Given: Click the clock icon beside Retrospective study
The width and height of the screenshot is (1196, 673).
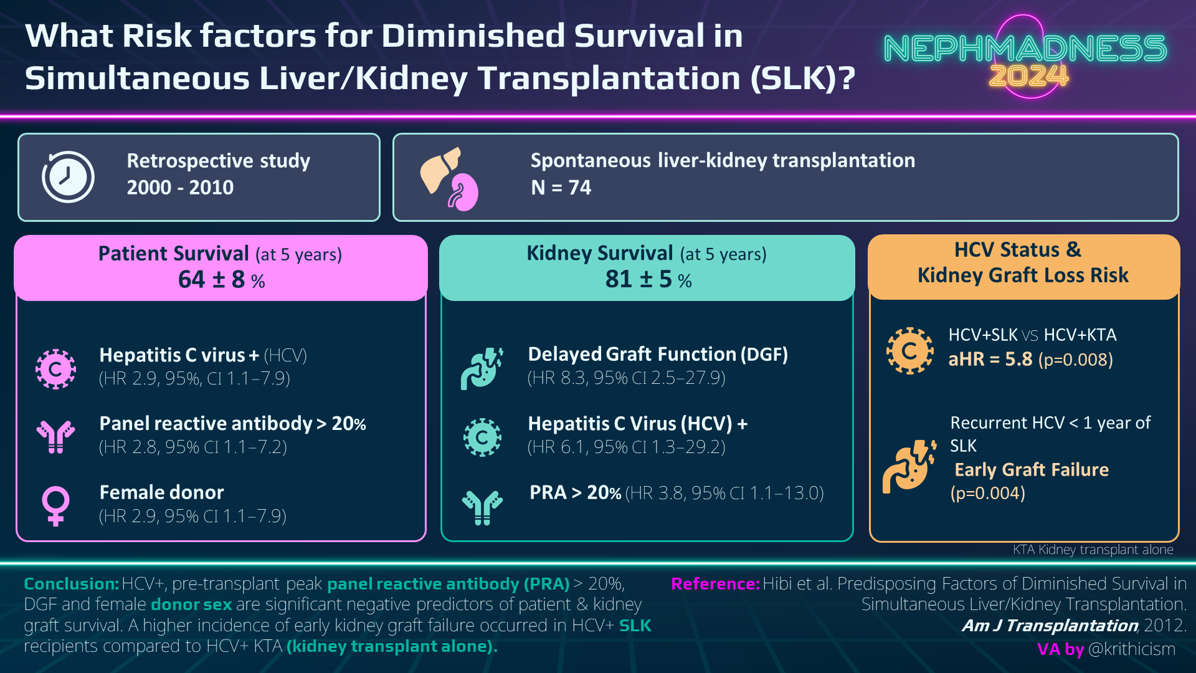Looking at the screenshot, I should pos(68,177).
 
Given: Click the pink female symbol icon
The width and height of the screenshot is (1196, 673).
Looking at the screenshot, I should pos(55,505).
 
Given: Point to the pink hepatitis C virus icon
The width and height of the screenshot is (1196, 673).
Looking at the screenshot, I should pos(55,369).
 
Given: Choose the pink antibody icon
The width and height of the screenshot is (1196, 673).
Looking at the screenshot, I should pos(55,436).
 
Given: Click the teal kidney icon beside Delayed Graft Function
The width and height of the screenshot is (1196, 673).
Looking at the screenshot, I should pos(482,368).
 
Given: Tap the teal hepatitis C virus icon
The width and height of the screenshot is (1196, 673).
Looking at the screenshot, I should pos(482,437).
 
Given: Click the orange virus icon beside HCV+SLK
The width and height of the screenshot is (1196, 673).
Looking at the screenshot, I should pos(909,351).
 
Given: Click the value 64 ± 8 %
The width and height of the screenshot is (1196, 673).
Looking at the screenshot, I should pos(221,280).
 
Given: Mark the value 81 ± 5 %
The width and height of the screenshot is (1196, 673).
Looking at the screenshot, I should pos(648,280).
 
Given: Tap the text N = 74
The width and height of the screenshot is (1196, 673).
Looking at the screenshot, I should pos(561,188).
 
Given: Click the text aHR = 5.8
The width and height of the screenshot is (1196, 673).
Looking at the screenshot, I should pos(990,360).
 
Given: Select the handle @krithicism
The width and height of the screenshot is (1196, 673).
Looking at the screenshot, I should pos(1131,649).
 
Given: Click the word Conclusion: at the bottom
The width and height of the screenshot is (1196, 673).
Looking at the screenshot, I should pos(71,584).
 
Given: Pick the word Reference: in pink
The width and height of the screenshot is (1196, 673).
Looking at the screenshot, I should pos(715,584).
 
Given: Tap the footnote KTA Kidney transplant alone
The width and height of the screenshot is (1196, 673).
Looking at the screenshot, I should pos(1093,550).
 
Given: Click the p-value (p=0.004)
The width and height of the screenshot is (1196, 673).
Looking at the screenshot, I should pos(987,494).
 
